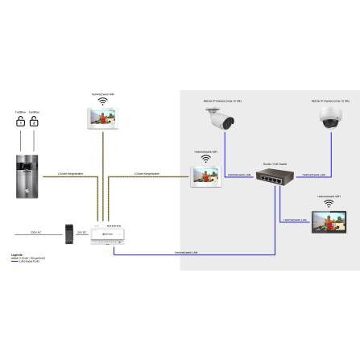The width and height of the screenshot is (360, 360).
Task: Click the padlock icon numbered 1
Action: click(19, 122)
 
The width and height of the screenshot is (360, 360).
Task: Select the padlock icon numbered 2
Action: click(35, 122)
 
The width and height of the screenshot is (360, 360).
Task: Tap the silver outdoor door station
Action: click(27, 173)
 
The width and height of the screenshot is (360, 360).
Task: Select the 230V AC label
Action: click(35, 232)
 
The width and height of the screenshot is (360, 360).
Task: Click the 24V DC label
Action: click(81, 232)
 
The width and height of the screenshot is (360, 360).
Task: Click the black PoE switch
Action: click(277, 173)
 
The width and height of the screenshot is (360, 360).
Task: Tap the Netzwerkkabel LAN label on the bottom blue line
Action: click(187, 253)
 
